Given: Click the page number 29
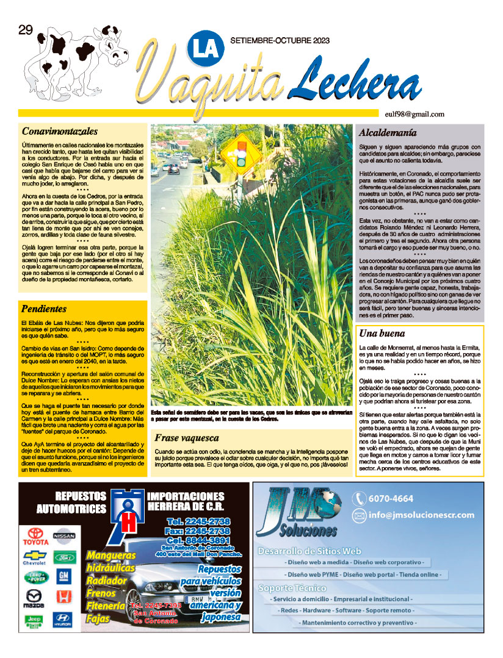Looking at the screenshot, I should point(26,32).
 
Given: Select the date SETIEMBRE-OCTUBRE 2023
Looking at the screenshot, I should point(280,40).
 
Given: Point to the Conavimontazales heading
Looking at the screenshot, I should point(60,131).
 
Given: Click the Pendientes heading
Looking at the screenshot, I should point(44,309).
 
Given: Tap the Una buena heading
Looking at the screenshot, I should point(382,334).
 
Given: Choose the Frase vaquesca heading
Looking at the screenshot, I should point(186,437).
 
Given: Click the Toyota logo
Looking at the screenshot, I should point(35,535).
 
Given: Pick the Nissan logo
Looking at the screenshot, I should point(64,535).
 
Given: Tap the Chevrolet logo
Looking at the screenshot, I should point(35,557).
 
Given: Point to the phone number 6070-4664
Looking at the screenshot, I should point(391,498).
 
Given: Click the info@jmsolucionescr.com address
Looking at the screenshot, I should point(421,515).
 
